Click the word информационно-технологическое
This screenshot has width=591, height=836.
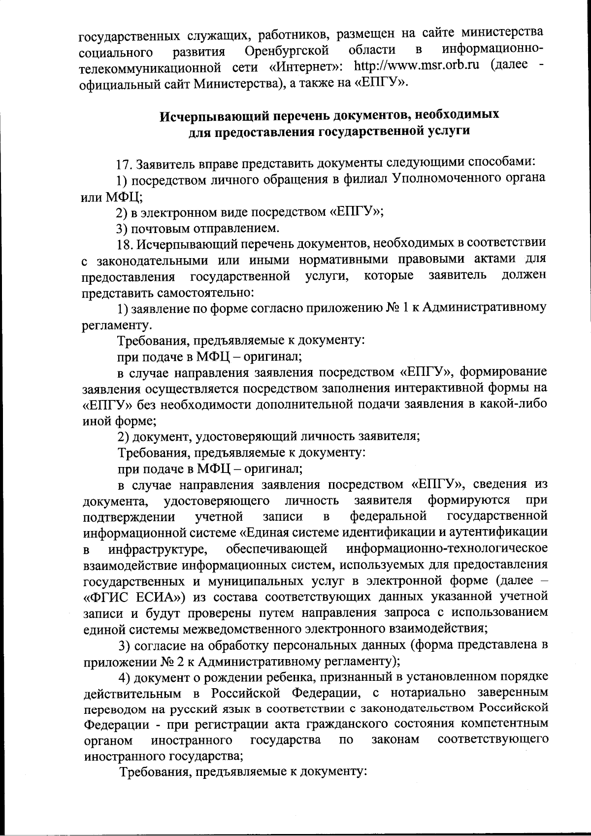click(447, 548)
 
